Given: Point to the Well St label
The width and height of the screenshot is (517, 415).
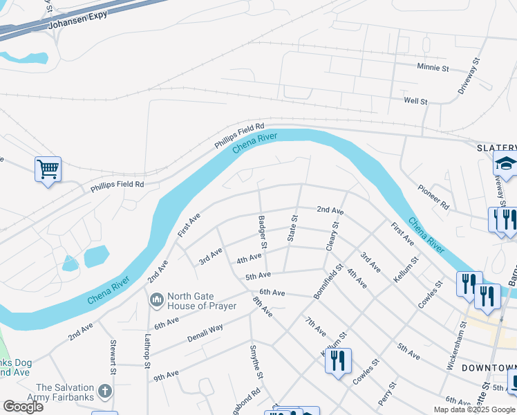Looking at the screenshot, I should point(415,101).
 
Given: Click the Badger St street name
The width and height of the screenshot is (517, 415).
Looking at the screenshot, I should point(263,231).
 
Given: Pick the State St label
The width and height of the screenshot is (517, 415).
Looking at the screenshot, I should point(292,228).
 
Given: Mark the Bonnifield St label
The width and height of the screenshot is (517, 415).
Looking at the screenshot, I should point(328,281).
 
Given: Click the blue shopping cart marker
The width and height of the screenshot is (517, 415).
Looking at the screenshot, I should point(48,168).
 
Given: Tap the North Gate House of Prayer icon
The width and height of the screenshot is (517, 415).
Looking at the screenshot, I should point(156,300).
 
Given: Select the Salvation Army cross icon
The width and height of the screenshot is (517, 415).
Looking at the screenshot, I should point(105,392).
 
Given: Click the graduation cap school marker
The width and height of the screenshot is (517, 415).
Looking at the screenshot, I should point(505,165).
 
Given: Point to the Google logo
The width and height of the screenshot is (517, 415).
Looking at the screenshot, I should point(23,407).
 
